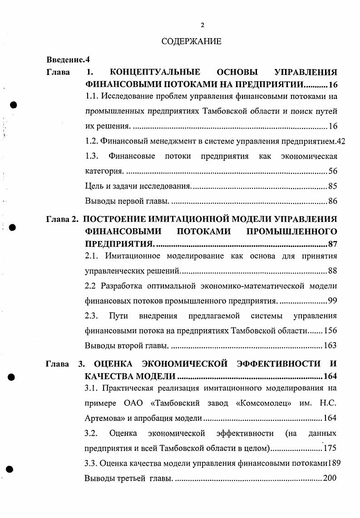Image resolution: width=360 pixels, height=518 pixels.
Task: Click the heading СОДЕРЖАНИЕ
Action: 191,42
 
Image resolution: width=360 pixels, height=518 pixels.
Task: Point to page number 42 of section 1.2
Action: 341,141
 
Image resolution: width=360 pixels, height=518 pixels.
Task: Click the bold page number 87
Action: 332,244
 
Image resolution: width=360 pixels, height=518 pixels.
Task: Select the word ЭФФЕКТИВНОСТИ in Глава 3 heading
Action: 277,364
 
